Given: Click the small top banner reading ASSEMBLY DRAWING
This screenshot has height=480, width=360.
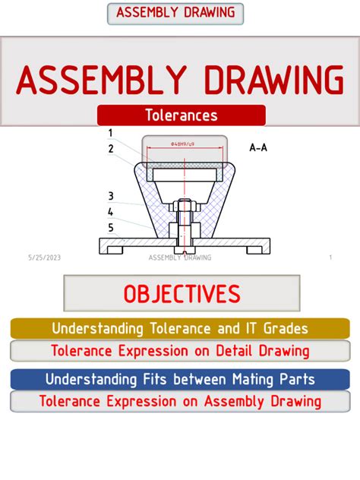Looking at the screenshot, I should [175, 13].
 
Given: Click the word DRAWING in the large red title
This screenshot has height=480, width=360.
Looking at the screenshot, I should [262, 81].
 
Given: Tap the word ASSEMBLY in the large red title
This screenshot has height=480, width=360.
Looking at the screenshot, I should [101, 81].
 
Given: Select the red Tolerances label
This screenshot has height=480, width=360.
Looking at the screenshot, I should [181, 115].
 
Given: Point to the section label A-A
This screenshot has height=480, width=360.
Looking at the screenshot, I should [258, 147].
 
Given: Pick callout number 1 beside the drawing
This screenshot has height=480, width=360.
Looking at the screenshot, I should [111, 134].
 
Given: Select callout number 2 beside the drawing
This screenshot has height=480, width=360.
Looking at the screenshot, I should [111, 149].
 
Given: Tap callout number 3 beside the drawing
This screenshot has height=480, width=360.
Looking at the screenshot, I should [111, 196].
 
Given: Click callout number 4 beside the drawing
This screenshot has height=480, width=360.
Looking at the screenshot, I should [111, 212].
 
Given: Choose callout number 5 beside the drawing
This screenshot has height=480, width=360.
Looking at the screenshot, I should [111, 227].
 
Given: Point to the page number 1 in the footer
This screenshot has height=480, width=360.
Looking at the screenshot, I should [331, 257].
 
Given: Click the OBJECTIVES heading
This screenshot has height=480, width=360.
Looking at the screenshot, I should [182, 293].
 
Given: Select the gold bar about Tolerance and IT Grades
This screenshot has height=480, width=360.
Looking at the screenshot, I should [180, 329].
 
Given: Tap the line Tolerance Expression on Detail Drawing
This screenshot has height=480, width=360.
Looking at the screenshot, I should [180, 351].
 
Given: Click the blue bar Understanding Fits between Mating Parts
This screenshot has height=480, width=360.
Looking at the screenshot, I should [180, 379].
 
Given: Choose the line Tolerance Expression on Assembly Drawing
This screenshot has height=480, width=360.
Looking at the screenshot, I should [180, 401].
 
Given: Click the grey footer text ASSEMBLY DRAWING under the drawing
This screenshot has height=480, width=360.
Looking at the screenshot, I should [180, 257].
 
